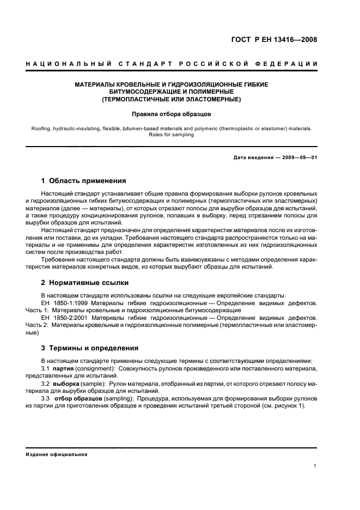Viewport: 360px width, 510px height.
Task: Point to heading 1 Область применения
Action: pyautogui.click(x=84, y=180)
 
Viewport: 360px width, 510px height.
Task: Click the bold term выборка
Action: pyautogui.click(x=67, y=384)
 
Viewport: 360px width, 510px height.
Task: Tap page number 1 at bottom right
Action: pyautogui.click(x=315, y=465)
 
